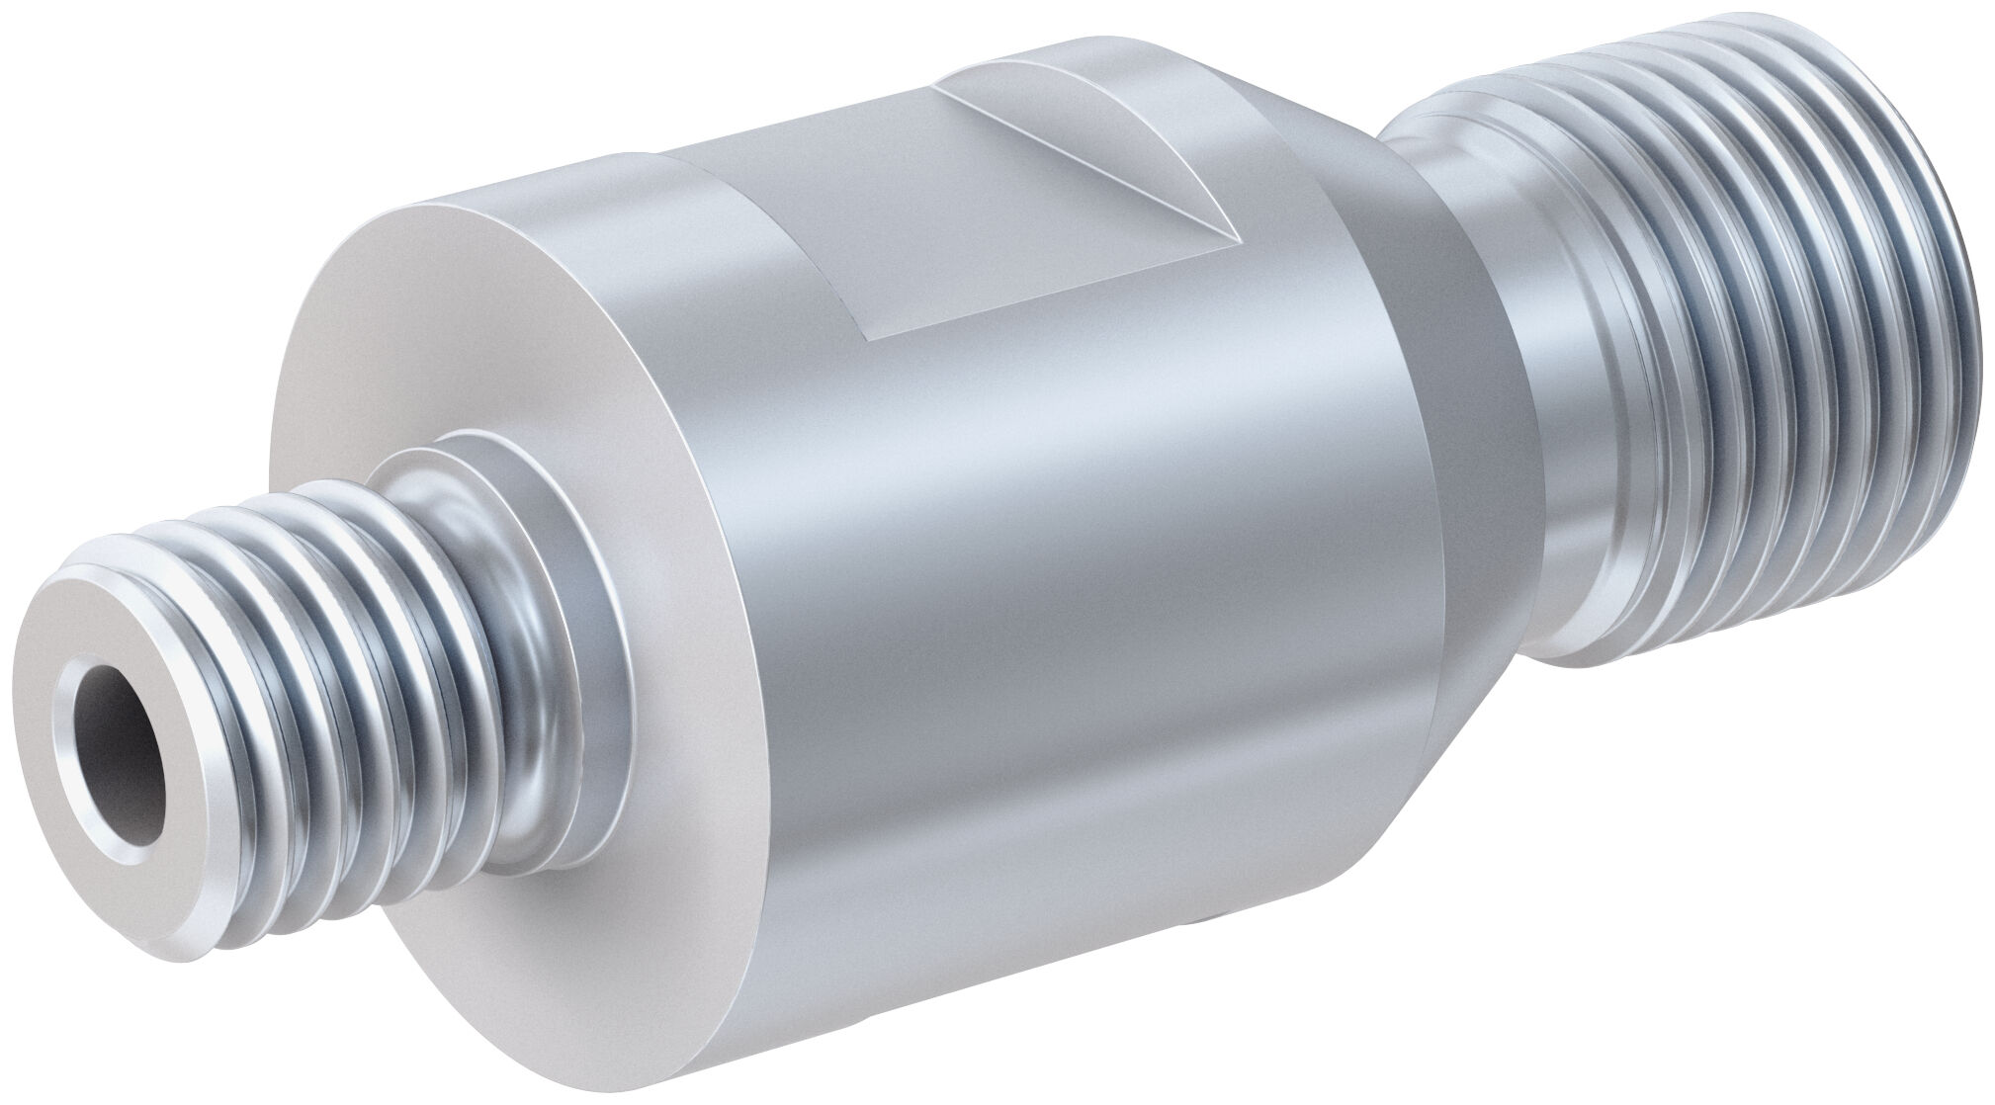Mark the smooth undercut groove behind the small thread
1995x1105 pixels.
(x=494, y=593)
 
